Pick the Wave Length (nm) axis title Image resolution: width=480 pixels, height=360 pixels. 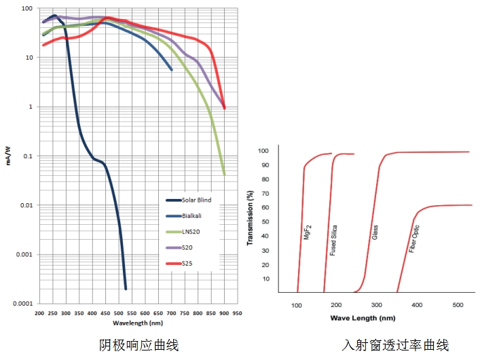[x=363, y=317]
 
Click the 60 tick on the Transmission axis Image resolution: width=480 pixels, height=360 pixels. [x=265, y=207]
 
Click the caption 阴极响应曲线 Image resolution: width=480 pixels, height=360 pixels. [x=139, y=346]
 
